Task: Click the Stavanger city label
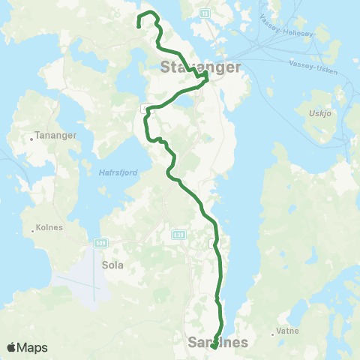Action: pyautogui.click(x=200, y=67)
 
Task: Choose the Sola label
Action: pyautogui.click(x=112, y=265)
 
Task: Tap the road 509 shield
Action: pyautogui.click(x=102, y=243)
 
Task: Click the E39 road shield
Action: pyautogui.click(x=178, y=235)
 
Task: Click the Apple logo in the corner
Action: pyautogui.click(x=12, y=347)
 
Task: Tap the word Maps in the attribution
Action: pyautogui.click(x=33, y=348)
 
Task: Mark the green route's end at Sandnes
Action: pyautogui.click(x=214, y=346)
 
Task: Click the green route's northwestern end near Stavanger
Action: pyautogui.click(x=139, y=27)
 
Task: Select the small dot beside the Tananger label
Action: pyautogui.click(x=30, y=138)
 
